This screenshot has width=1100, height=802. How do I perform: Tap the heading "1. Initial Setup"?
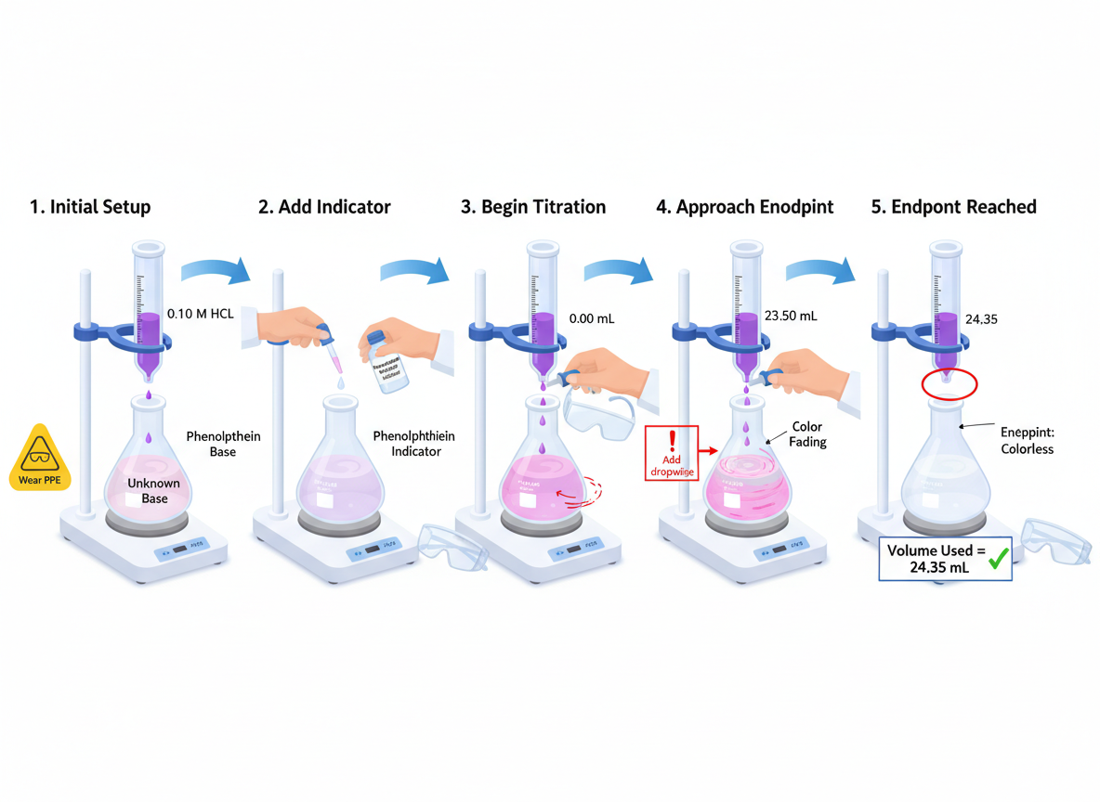pos(90,207)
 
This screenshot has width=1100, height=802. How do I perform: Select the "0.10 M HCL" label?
pos(201,314)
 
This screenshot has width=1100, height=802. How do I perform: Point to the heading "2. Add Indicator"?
pos(324,207)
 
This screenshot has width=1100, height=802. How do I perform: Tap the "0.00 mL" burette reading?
pos(591,318)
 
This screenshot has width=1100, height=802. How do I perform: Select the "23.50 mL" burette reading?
pos(790,316)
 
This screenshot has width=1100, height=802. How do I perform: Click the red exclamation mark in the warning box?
pos(673,440)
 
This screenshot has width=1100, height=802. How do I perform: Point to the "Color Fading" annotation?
pos(807,434)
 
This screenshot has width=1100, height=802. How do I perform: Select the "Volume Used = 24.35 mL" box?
pos(946,558)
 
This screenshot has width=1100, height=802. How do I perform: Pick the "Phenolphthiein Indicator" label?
pos(413,443)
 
